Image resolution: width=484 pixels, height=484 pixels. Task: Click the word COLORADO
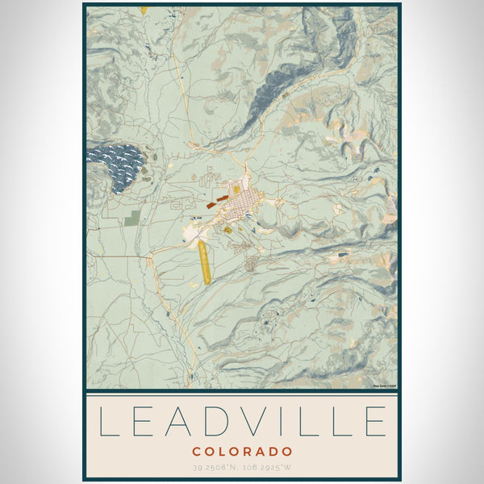click(x=242, y=452)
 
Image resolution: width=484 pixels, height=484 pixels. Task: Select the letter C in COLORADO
click(x=197, y=452)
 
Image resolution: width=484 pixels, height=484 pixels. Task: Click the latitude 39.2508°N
click(x=216, y=468)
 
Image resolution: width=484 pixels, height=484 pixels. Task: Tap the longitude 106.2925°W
click(x=267, y=468)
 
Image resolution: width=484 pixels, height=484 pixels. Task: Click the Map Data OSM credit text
click(x=386, y=386)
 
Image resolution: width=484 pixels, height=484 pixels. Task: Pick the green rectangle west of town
click(x=133, y=216)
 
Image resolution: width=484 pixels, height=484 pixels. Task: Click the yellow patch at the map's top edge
click(x=144, y=10)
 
